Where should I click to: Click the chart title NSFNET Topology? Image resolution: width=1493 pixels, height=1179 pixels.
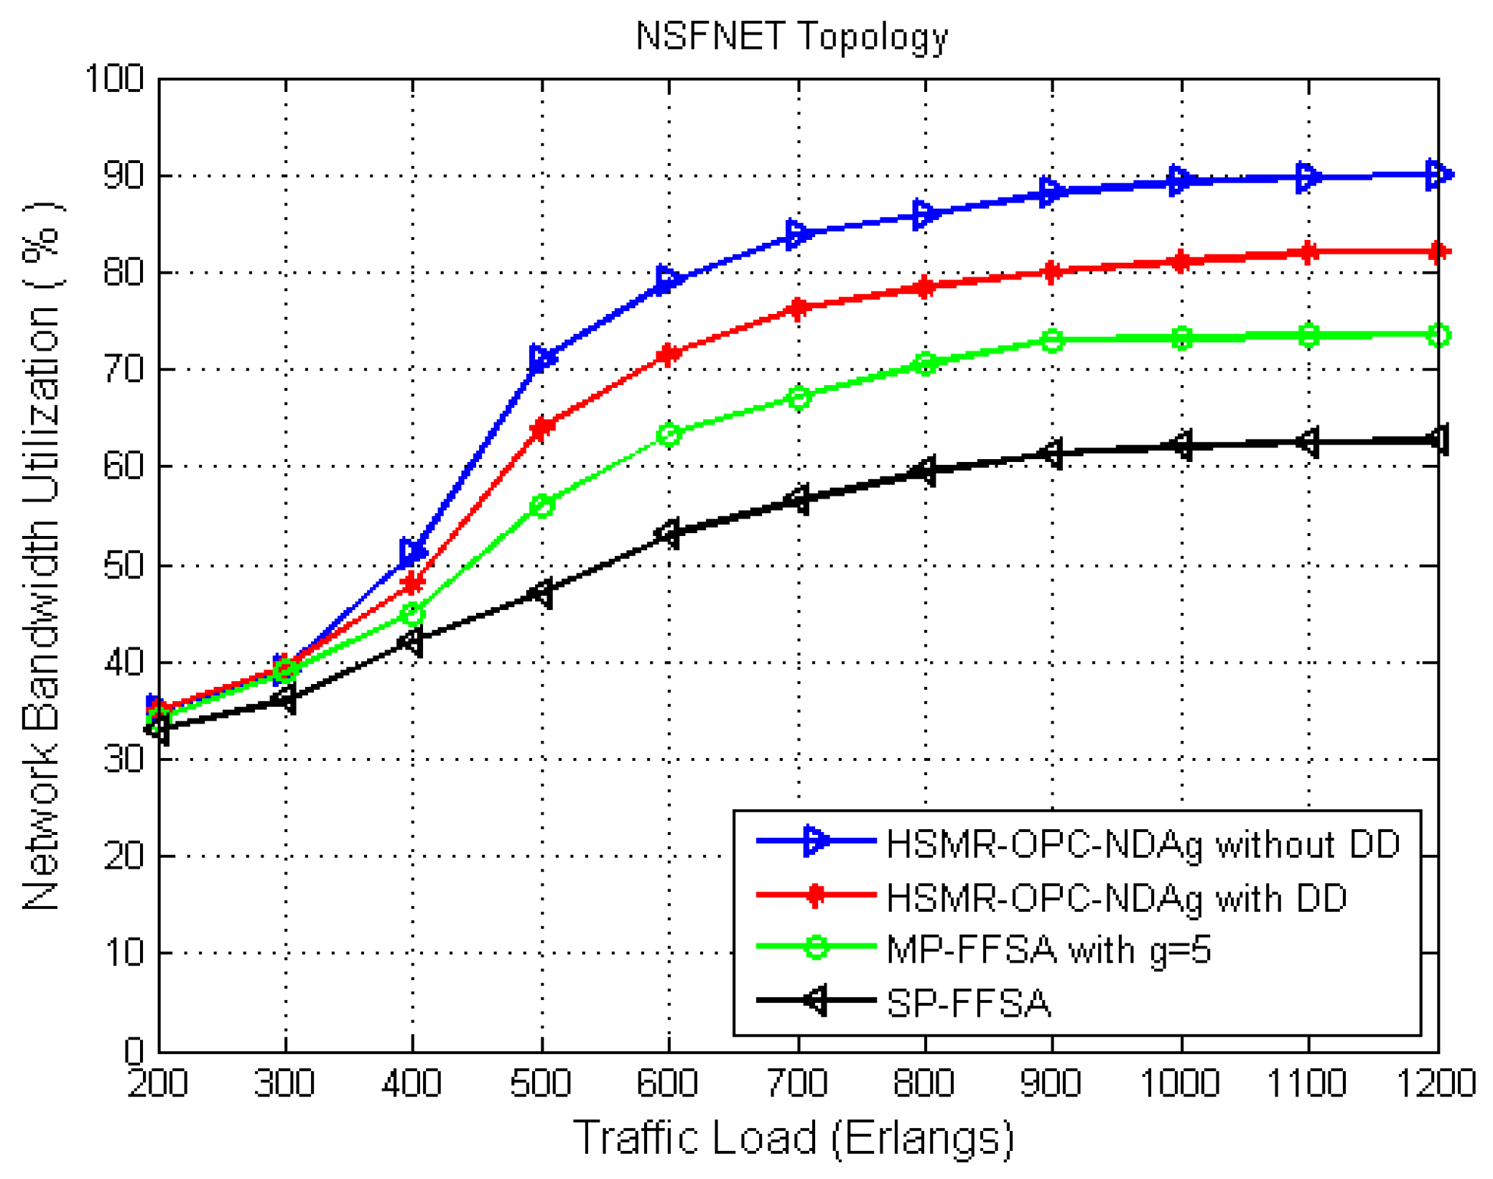(x=791, y=36)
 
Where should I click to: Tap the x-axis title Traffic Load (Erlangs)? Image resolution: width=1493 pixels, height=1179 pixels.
(x=793, y=1137)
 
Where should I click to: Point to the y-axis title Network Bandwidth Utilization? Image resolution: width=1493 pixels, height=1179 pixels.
(x=42, y=557)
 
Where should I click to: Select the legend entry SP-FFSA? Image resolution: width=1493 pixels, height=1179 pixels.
(x=968, y=1004)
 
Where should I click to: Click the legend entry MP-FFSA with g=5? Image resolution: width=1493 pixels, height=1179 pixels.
(x=1048, y=950)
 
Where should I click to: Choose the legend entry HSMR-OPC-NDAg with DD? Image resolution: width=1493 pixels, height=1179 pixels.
(x=1117, y=897)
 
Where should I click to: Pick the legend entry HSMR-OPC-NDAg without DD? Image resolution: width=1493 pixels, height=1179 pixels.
(x=1143, y=843)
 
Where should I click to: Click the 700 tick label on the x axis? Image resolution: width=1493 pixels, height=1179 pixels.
(x=797, y=1083)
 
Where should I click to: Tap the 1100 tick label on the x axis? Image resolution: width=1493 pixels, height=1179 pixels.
(x=1306, y=1083)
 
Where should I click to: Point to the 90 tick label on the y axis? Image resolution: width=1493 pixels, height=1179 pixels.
(x=124, y=176)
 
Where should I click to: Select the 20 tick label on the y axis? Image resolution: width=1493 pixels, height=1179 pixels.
(x=124, y=856)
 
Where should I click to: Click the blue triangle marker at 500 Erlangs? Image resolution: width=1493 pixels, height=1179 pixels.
(x=542, y=359)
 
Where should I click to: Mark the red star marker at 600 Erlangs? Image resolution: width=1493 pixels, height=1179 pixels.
(x=669, y=354)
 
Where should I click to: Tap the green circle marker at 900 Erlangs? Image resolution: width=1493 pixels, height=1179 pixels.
(x=1052, y=341)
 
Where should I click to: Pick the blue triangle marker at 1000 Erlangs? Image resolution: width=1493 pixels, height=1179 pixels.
(x=1181, y=180)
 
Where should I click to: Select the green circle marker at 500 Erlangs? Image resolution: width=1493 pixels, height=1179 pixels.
(x=542, y=506)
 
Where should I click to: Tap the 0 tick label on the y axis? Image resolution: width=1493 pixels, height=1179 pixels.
(x=134, y=1050)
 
